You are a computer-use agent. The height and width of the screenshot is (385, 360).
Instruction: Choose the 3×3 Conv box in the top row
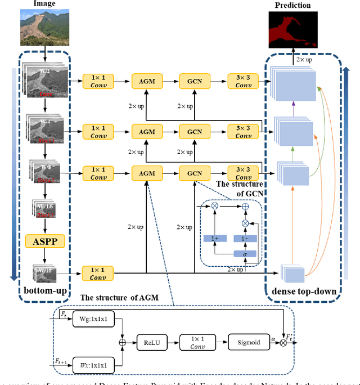coord(244,82)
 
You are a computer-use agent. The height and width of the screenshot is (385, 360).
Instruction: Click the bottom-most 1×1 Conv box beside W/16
coord(97,273)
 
